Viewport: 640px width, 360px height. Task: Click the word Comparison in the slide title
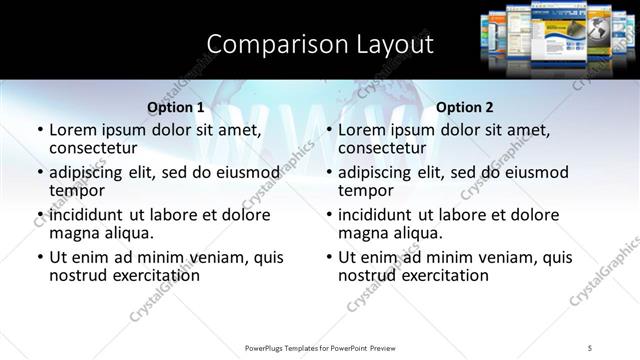269,44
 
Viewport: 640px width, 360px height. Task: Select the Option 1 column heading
176,107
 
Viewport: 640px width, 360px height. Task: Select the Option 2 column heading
465,107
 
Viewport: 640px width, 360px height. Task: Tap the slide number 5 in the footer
590,347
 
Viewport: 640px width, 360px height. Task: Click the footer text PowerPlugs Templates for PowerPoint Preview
320,347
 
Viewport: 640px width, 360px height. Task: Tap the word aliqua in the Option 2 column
416,233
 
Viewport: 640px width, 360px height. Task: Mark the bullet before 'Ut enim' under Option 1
39,257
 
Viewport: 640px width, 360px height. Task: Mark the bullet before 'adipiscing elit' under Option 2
328,172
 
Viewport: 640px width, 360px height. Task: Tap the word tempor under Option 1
76,190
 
